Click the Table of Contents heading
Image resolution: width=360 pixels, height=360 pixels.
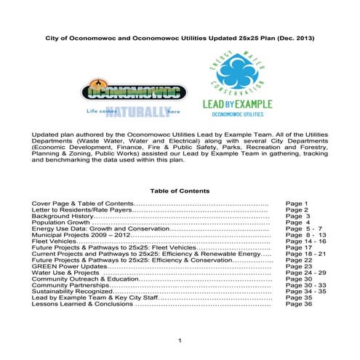pos(180,191)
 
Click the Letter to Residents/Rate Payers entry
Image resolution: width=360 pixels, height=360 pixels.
pos(81,209)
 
